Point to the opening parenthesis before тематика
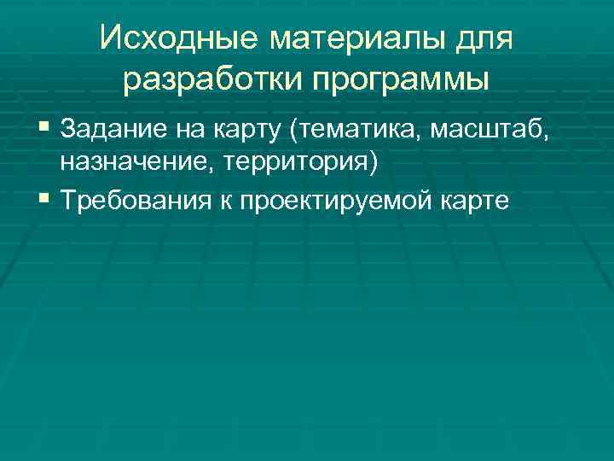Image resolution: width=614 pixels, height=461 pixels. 294,132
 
